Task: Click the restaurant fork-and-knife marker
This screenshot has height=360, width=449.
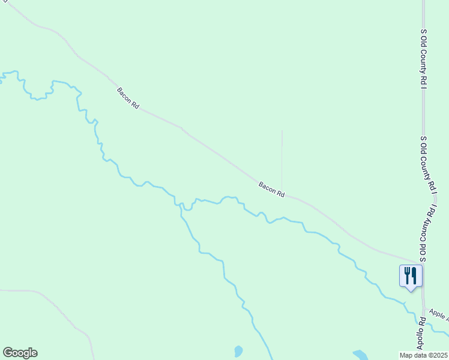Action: (x=411, y=276)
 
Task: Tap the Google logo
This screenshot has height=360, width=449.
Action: (x=20, y=353)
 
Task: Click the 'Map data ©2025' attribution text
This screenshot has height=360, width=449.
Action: (x=424, y=355)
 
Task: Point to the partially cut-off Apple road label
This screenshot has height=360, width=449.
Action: (x=438, y=314)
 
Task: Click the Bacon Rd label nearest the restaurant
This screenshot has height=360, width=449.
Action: (x=271, y=190)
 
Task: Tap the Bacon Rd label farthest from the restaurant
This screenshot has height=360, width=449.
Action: (x=128, y=98)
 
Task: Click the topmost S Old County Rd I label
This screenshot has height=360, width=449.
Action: (x=423, y=59)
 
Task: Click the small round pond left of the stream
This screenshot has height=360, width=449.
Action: (x=238, y=351)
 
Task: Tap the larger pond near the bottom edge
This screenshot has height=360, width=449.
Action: (x=360, y=355)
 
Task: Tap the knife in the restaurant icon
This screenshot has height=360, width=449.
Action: (x=414, y=275)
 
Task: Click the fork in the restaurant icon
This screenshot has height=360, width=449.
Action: (x=407, y=275)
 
